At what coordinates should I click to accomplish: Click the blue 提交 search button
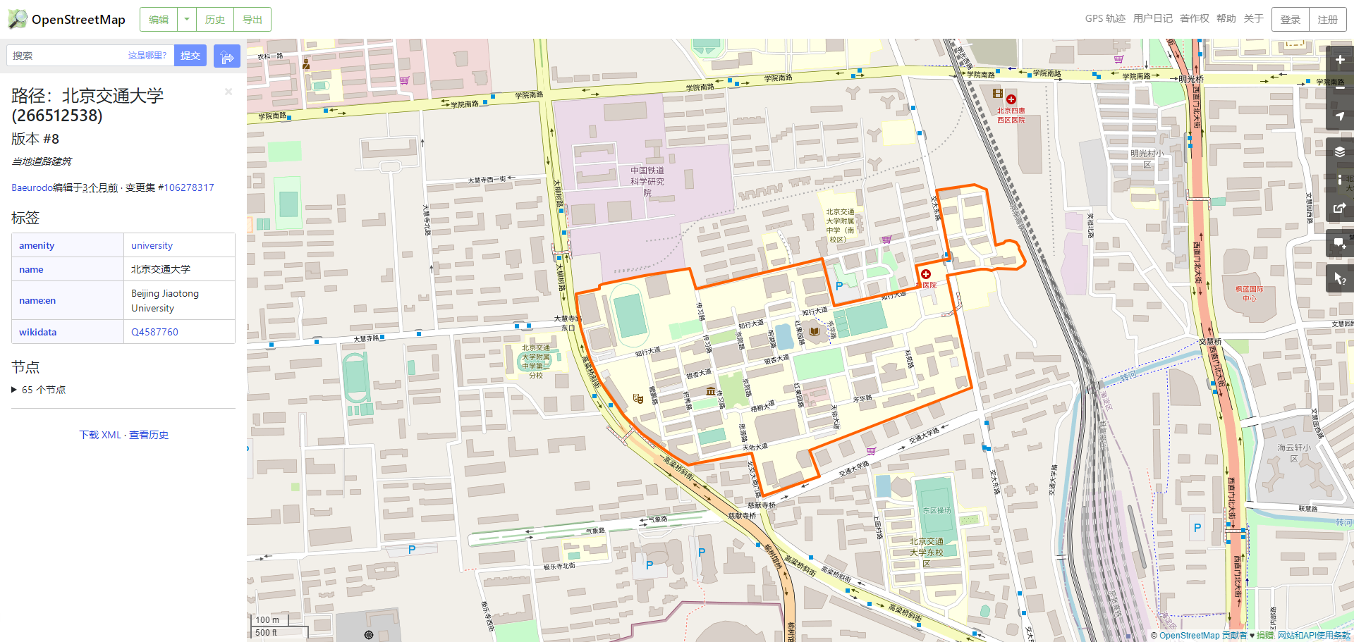click(x=190, y=56)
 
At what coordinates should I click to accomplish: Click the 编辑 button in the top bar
click(x=159, y=20)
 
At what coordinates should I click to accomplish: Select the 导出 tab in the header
click(x=252, y=20)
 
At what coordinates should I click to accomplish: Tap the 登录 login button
click(x=1290, y=20)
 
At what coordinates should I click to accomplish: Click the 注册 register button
click(x=1327, y=20)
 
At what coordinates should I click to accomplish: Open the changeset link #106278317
click(x=188, y=187)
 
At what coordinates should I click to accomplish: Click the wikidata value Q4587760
click(x=154, y=332)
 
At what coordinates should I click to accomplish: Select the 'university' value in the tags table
click(x=152, y=245)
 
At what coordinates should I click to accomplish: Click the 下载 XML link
click(x=100, y=435)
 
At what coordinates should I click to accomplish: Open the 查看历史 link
click(x=149, y=435)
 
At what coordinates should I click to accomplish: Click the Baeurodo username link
click(x=32, y=187)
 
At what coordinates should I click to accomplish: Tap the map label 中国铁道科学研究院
click(x=647, y=181)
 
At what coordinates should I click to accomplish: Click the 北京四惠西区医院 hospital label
click(x=1011, y=115)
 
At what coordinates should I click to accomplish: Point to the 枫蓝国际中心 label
click(x=1249, y=293)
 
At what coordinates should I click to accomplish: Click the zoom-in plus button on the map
click(x=1339, y=60)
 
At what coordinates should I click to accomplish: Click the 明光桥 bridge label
click(x=1191, y=80)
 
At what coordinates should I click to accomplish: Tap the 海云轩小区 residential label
click(x=1294, y=452)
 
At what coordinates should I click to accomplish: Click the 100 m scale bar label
click(x=267, y=620)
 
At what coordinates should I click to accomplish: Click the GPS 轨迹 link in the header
click(x=1104, y=19)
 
